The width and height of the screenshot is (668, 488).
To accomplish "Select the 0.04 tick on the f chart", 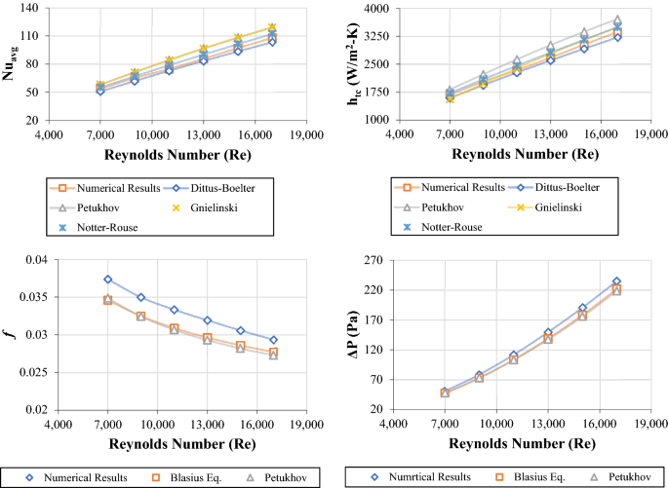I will (35, 260).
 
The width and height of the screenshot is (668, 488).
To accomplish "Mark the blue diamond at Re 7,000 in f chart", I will (108, 280).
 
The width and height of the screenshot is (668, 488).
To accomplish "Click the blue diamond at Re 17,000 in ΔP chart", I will (616, 282).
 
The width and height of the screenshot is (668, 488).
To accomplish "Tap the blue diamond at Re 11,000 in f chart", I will (175, 310).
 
